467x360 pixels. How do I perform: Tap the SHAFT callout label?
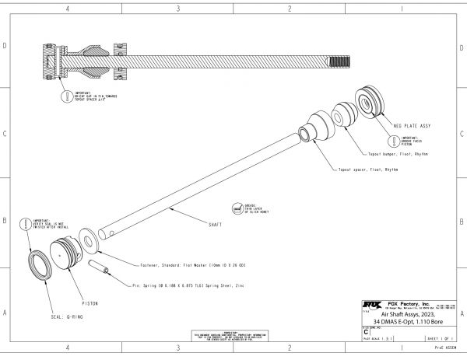pyautogui.click(x=211, y=224)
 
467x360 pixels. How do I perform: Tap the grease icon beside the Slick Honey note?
pyautogui.click(x=235, y=208)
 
